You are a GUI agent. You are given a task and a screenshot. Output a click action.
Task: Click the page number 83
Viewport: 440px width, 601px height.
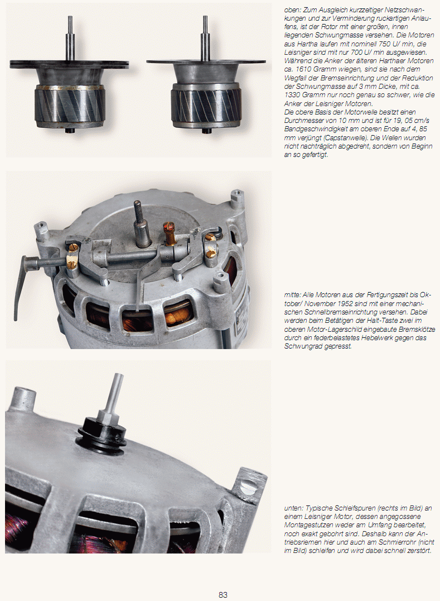pos(223,595)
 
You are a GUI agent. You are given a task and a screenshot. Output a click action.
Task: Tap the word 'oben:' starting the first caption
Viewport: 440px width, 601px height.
pos(292,10)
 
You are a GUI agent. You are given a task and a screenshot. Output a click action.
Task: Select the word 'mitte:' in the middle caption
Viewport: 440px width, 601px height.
pos(292,295)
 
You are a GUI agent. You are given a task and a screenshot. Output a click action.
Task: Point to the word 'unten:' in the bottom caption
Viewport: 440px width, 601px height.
pos(294,508)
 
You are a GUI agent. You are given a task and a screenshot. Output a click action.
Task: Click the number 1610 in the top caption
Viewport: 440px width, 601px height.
pos(303,69)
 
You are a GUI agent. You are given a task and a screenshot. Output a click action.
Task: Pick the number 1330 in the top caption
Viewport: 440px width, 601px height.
pos(292,94)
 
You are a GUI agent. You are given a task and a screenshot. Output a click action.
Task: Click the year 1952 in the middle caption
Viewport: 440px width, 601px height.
pos(345,303)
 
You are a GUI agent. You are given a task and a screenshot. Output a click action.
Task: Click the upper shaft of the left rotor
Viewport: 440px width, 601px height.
pos(70,38)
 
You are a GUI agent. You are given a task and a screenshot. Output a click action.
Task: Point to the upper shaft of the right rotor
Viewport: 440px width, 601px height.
pos(205,38)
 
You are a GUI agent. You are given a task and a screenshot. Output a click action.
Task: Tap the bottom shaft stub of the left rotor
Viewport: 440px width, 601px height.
pos(70,130)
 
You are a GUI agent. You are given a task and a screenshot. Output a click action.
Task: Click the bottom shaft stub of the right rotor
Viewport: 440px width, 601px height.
pos(206,130)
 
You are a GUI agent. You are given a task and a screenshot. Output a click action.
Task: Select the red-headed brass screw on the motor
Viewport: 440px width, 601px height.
pos(169,233)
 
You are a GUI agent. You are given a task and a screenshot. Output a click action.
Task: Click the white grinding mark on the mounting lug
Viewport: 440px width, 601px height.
pos(248,487)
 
